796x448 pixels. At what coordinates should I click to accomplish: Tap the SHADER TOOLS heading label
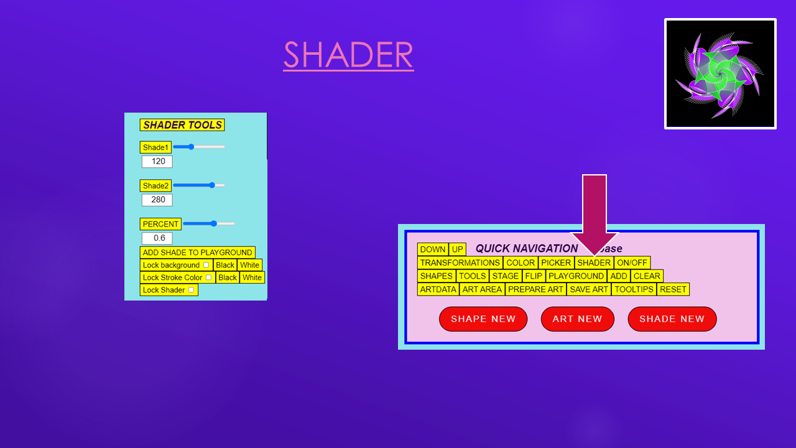coord(182,125)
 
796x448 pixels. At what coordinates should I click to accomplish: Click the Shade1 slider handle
coord(191,147)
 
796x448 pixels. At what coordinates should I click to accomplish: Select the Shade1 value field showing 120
coord(157,161)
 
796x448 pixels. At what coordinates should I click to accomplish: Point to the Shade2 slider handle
coord(212,185)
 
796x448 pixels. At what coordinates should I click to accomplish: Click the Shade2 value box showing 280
coord(157,200)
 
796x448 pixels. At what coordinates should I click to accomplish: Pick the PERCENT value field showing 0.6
coord(157,238)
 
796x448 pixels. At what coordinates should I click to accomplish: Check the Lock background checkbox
coord(206,265)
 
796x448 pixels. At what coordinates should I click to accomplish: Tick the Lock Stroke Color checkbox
coord(208,278)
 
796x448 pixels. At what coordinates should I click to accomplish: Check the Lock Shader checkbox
coord(191,290)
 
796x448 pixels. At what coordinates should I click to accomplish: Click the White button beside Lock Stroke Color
coord(252,278)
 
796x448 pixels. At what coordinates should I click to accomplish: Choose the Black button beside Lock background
coord(225,265)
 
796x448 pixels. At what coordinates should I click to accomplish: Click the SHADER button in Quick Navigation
coord(594,263)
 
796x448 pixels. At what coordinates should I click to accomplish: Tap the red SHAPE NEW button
coord(483,319)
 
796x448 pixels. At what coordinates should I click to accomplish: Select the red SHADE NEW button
coord(672,319)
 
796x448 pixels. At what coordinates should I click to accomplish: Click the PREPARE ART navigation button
coord(535,289)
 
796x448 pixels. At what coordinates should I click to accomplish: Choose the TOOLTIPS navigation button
coord(634,289)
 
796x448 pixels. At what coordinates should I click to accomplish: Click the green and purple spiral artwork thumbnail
coord(720,73)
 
